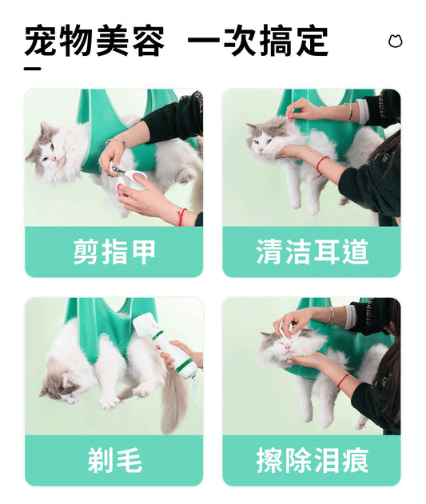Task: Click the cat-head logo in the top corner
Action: pos(395,41)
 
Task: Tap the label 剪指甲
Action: pos(114,252)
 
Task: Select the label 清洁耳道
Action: pos(312,252)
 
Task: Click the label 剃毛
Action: pos(114,460)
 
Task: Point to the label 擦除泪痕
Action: pos(312,460)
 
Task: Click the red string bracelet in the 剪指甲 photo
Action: pos(182,217)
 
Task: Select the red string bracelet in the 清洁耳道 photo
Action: pos(322,165)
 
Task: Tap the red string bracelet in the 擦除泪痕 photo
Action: pos(343,382)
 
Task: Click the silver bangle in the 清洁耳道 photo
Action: pos(349,112)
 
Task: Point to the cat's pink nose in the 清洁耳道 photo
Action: pos(259,150)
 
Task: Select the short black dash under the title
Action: pos(33,69)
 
